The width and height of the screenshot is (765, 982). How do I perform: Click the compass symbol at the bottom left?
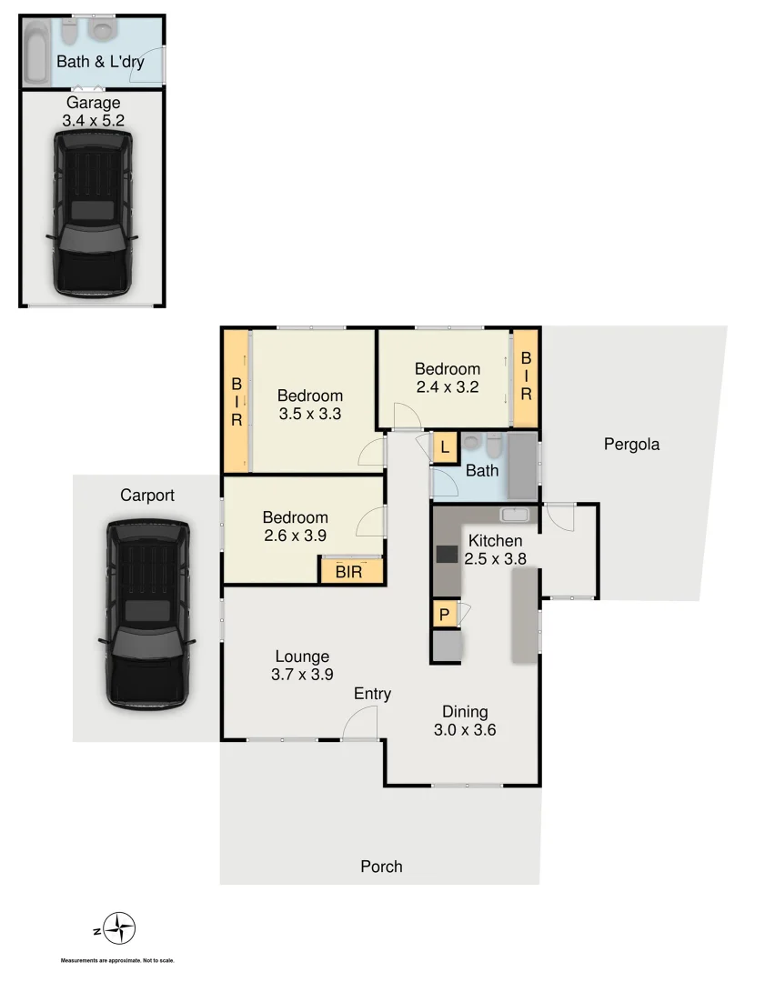tap(118, 929)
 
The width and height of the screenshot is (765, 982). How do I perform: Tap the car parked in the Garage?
tap(93, 214)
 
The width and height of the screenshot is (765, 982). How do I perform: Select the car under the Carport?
tap(146, 615)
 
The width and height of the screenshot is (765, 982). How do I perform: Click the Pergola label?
tap(631, 445)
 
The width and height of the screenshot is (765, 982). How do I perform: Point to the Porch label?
tap(381, 867)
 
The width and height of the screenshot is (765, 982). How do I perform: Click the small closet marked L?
tap(445, 447)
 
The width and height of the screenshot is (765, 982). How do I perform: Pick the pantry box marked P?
tap(445, 614)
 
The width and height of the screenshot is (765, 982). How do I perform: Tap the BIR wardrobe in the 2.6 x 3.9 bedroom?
tap(349, 571)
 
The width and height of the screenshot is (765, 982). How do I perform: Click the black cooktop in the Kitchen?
tap(448, 554)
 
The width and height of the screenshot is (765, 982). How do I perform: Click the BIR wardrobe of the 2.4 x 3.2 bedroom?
tap(526, 377)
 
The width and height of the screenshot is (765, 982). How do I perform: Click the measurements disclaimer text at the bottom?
tap(117, 961)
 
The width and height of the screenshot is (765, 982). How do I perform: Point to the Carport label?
tap(146, 496)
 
